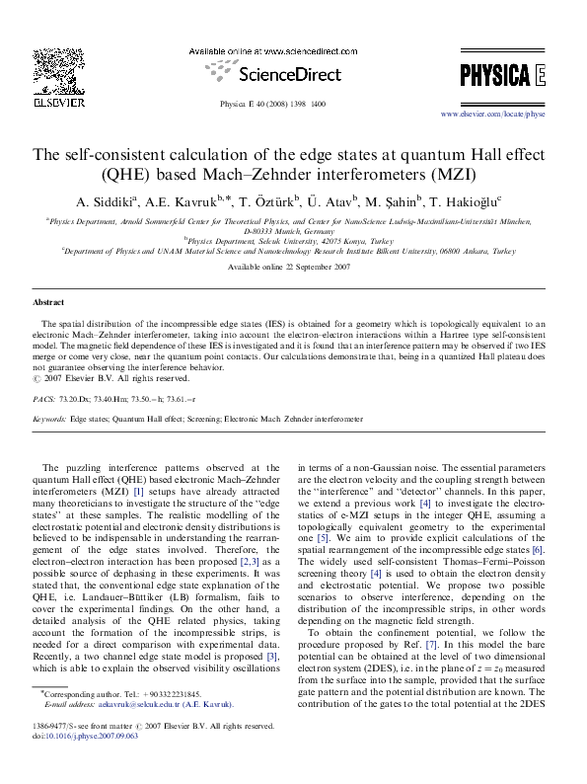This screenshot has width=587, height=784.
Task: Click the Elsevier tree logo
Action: [49, 71]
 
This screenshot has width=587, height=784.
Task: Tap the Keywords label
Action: [50, 420]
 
